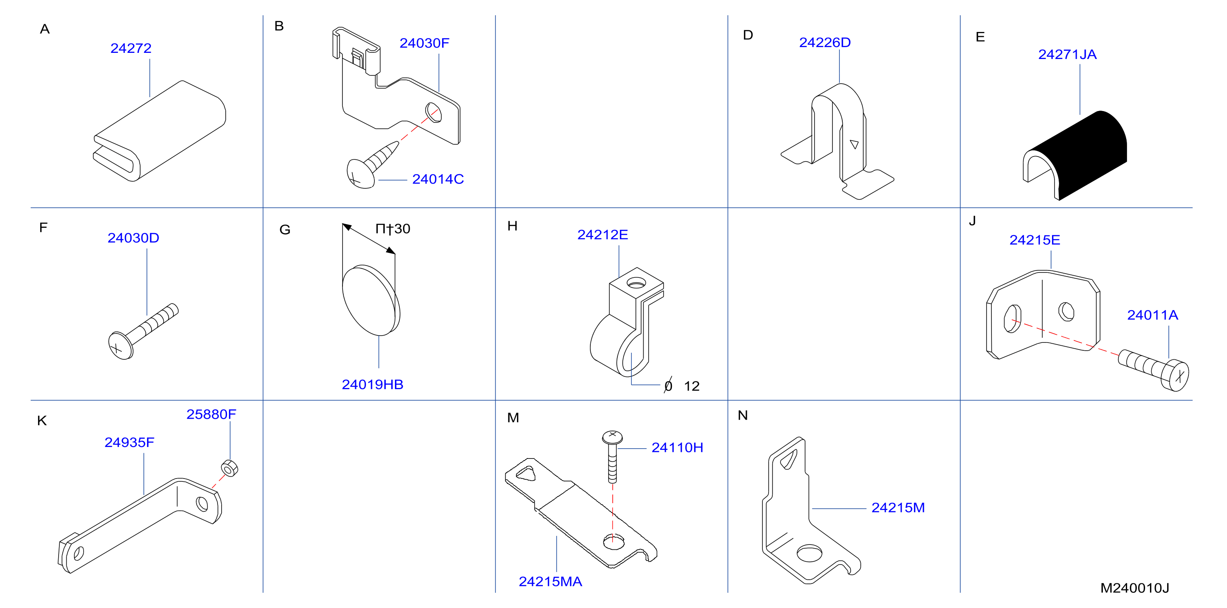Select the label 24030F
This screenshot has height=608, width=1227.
tap(424, 43)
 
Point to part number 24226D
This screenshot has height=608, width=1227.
tap(825, 43)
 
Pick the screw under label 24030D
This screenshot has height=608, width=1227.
tap(143, 331)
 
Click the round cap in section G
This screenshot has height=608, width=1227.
tap(371, 301)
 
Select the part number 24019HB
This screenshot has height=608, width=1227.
tap(372, 385)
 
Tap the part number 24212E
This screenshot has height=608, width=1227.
tap(603, 235)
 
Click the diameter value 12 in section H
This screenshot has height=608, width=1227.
tap(692, 386)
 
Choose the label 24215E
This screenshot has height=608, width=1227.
tap(1034, 240)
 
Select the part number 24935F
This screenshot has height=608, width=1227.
tap(129, 442)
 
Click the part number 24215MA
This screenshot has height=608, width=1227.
tap(550, 582)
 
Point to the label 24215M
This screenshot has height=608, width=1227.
tap(898, 508)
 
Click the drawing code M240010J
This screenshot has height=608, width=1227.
tap(1134, 588)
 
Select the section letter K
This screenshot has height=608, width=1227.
tap(42, 421)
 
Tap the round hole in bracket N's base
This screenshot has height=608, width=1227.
tap(809, 553)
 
